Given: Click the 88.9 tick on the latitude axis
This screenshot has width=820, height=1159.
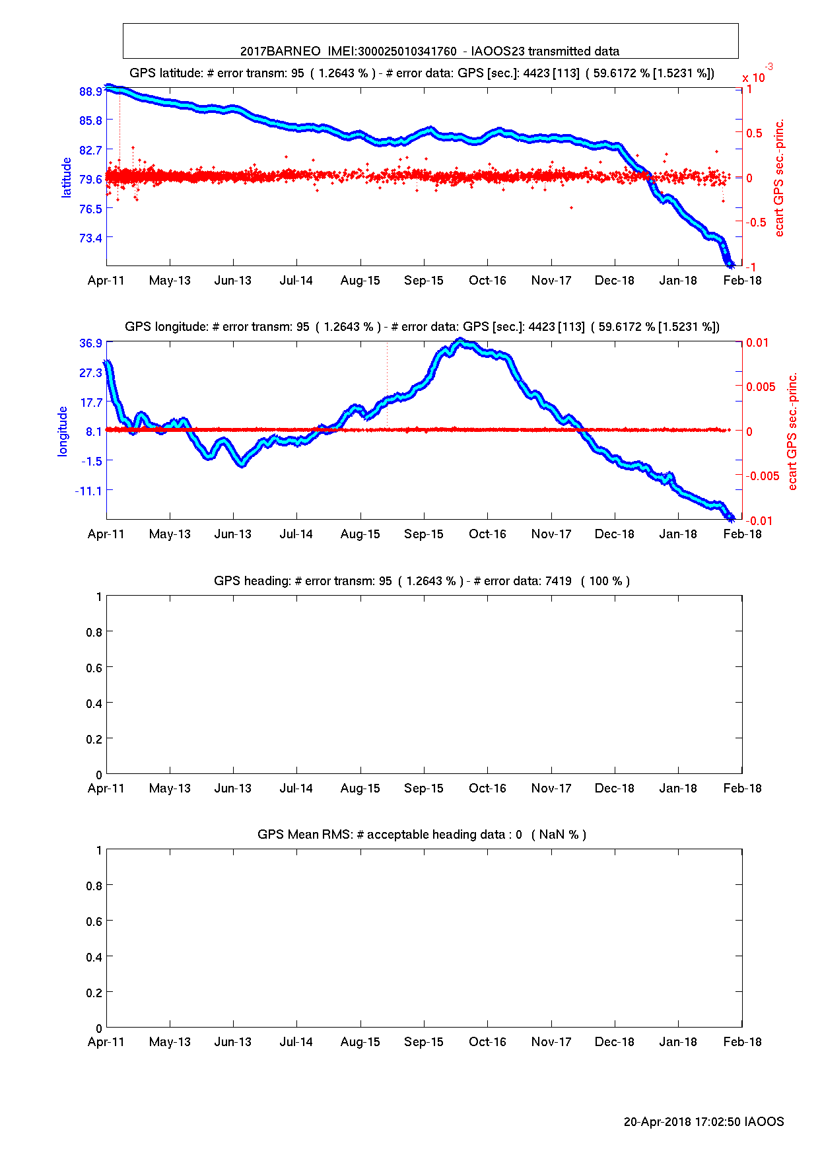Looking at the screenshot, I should coord(90,91).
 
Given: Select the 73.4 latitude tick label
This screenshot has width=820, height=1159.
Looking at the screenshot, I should coord(90,238).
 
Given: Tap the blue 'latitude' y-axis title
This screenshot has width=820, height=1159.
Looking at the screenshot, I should coord(66,178).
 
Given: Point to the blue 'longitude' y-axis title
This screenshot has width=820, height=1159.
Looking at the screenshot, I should coord(63,431).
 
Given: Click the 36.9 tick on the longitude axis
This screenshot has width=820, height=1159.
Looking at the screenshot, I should coord(90,343).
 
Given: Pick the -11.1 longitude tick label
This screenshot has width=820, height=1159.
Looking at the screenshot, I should coord(88,491).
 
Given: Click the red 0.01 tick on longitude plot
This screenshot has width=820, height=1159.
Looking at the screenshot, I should coord(757,343).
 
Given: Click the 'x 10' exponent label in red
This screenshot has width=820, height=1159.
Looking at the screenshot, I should coord(753,78).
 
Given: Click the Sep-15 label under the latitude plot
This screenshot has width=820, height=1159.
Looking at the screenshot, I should coord(424,281).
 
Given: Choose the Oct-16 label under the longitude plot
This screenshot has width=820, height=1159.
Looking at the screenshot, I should coord(487,534).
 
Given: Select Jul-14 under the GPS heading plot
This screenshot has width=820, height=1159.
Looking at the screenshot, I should coord(296,789).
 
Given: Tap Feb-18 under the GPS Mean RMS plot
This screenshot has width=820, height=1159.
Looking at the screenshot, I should coord(742,1042).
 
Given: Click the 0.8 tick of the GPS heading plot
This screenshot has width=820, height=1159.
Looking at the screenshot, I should coord(94,633).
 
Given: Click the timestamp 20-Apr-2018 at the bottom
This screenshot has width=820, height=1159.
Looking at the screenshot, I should coord(657,1122).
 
